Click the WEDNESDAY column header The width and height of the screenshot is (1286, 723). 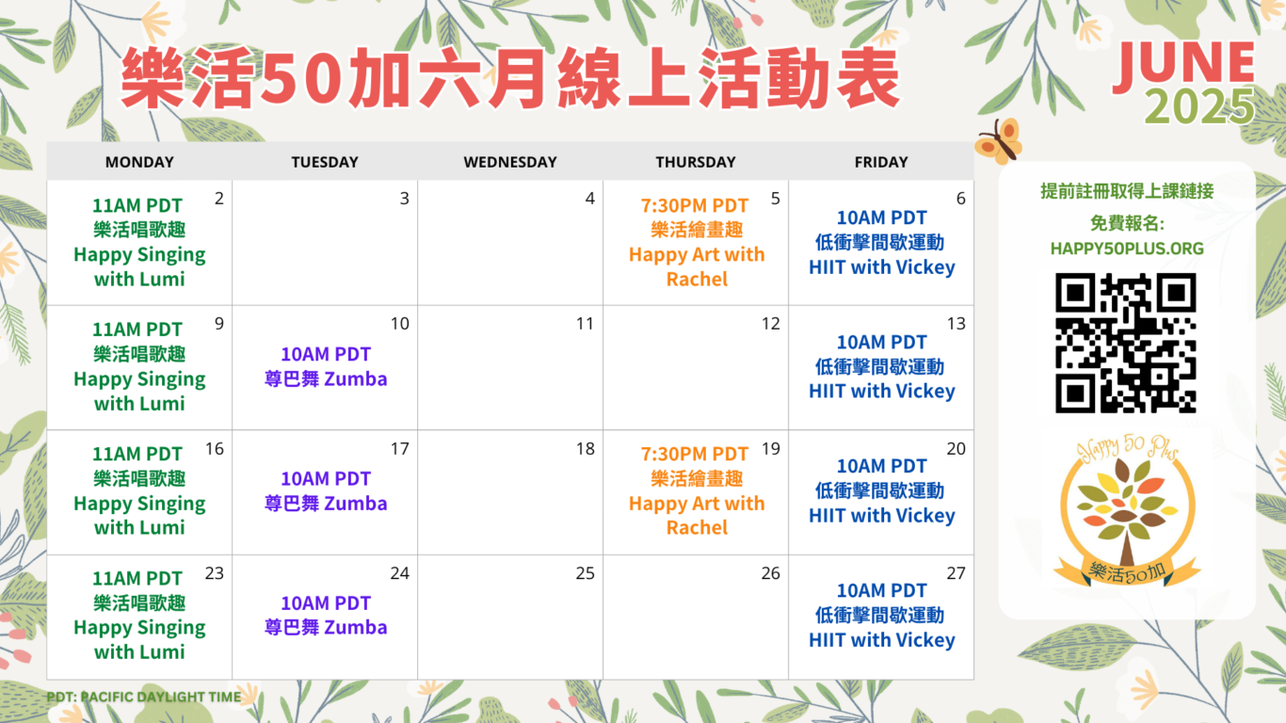pos(510,162)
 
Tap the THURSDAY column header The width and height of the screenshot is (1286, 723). pos(695,162)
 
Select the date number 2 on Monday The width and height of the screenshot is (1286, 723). pos(218,198)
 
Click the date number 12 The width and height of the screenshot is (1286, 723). pos(770,323)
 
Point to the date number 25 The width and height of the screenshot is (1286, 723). pos(585,573)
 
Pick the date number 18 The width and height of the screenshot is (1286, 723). pos(585,448)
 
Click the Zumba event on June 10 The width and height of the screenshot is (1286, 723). pos(326,366)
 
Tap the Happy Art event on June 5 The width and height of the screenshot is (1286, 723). pos(697,242)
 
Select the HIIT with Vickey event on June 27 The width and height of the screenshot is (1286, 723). pos(882,615)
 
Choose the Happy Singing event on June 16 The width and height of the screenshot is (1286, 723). pos(139,490)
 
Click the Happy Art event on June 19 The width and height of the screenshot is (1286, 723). pos(697,490)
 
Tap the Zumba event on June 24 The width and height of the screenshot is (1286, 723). pos(326,615)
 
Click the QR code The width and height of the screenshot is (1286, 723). pos(1126,343)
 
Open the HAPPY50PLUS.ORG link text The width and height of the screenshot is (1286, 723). pos(1127,249)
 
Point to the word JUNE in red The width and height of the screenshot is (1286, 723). pos(1183,66)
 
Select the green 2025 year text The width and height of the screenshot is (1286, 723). pos(1200,106)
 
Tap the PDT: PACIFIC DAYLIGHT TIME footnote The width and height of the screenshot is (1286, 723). pos(143,697)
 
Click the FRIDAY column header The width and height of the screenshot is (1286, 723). pos(881,162)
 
